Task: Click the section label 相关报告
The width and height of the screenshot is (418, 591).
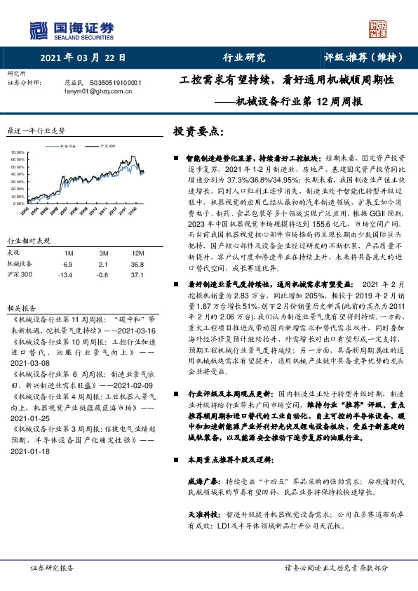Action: tap(20, 288)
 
